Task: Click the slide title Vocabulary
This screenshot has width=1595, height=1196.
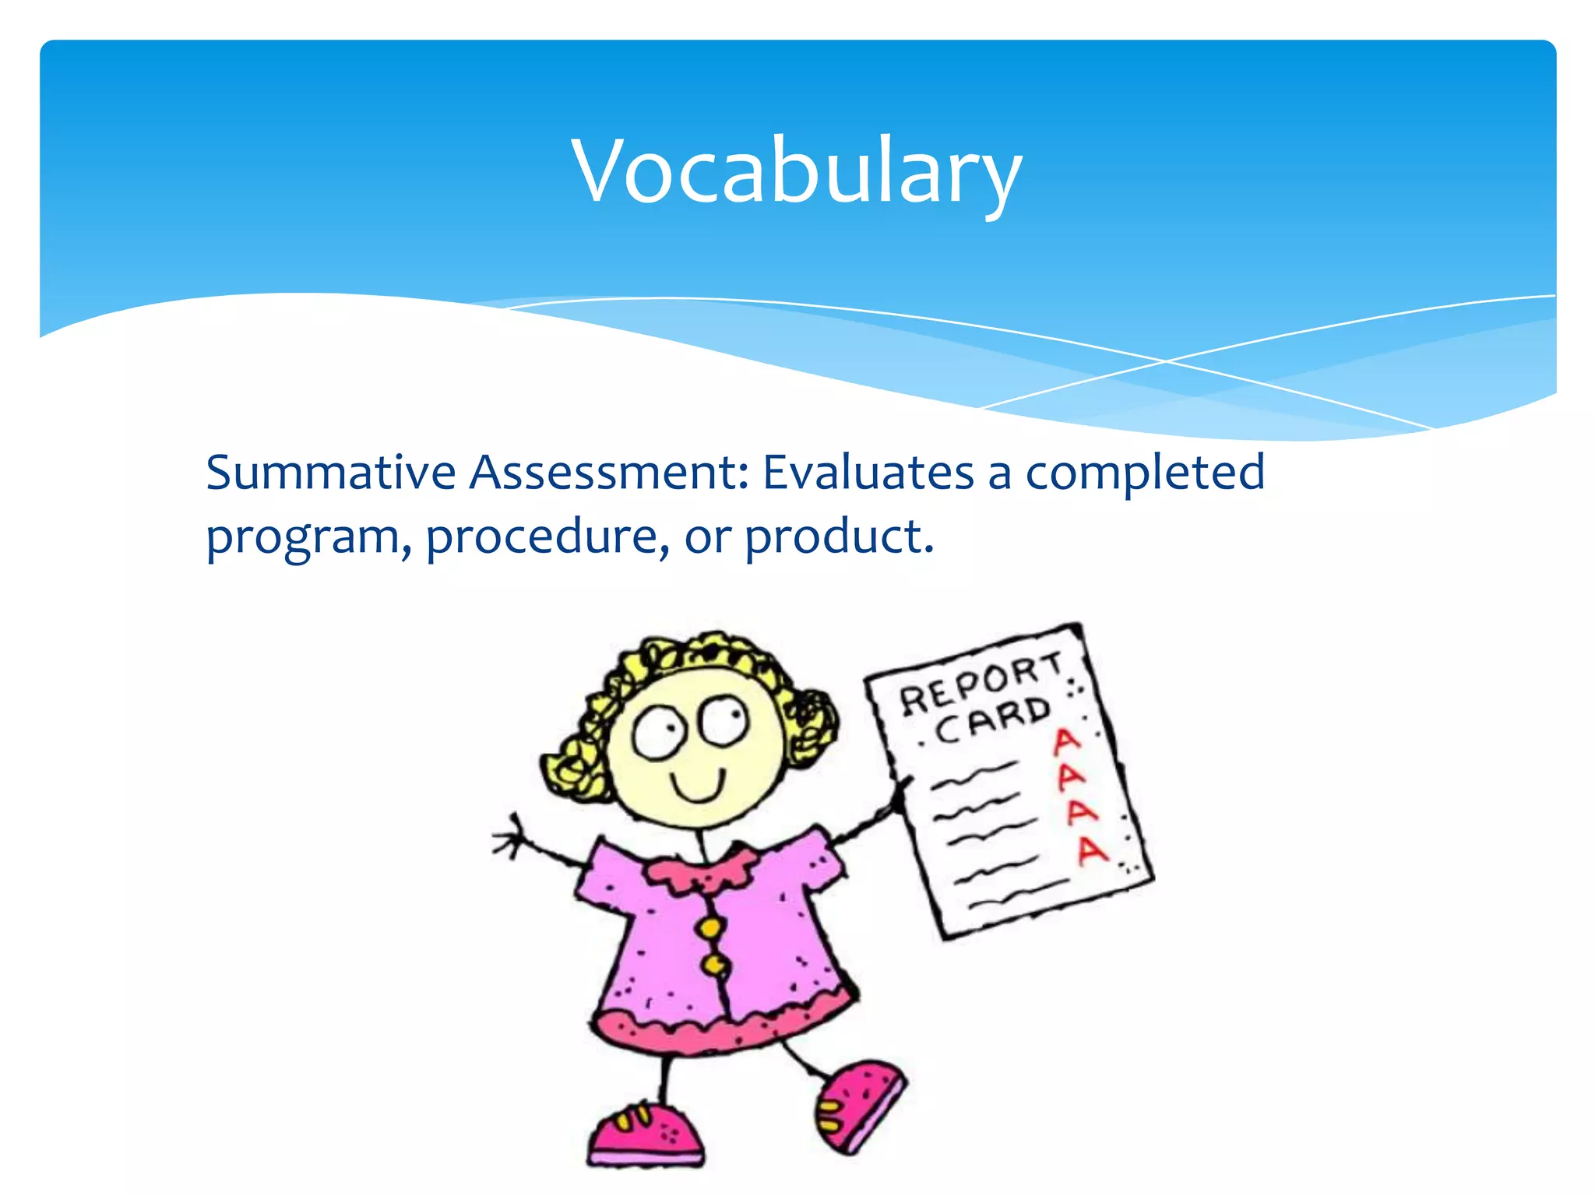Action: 796,171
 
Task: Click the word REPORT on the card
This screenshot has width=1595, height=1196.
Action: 980,684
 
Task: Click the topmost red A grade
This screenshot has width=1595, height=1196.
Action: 1065,740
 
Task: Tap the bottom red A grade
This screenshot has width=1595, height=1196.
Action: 1092,850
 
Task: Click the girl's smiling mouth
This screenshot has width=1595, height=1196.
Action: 699,786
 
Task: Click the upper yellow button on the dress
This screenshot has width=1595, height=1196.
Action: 710,927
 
